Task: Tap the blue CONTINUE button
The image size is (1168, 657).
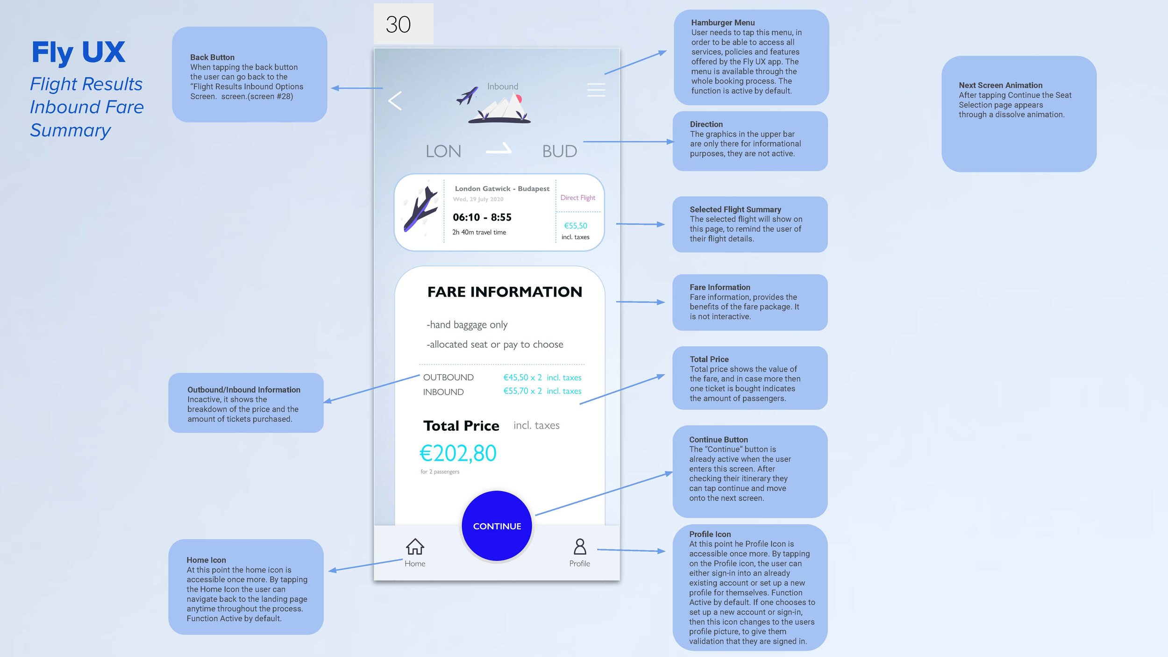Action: point(497,526)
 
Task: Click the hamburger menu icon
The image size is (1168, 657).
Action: point(596,90)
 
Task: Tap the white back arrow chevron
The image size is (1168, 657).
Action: point(395,100)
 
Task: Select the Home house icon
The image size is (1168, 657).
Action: point(415,546)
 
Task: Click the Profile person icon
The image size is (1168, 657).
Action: point(580,546)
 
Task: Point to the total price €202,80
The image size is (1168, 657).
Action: point(458,453)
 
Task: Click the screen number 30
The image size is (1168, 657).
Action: point(398,24)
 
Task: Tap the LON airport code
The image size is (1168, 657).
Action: point(443,151)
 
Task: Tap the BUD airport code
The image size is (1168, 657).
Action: point(559,151)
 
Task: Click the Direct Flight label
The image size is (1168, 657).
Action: point(577,198)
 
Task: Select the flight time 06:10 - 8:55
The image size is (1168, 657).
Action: point(482,217)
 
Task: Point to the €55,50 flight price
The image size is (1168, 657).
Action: point(576,226)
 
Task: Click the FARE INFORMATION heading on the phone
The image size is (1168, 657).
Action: point(505,292)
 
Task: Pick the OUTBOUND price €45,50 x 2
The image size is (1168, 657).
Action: point(522,378)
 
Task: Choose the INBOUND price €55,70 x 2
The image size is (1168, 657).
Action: point(522,391)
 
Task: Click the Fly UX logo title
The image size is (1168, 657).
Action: point(78,52)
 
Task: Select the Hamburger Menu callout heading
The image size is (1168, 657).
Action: point(723,22)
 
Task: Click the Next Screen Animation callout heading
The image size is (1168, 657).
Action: point(1000,85)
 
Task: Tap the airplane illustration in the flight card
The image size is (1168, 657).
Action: point(421,210)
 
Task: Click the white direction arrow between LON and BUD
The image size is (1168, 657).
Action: point(499,150)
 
